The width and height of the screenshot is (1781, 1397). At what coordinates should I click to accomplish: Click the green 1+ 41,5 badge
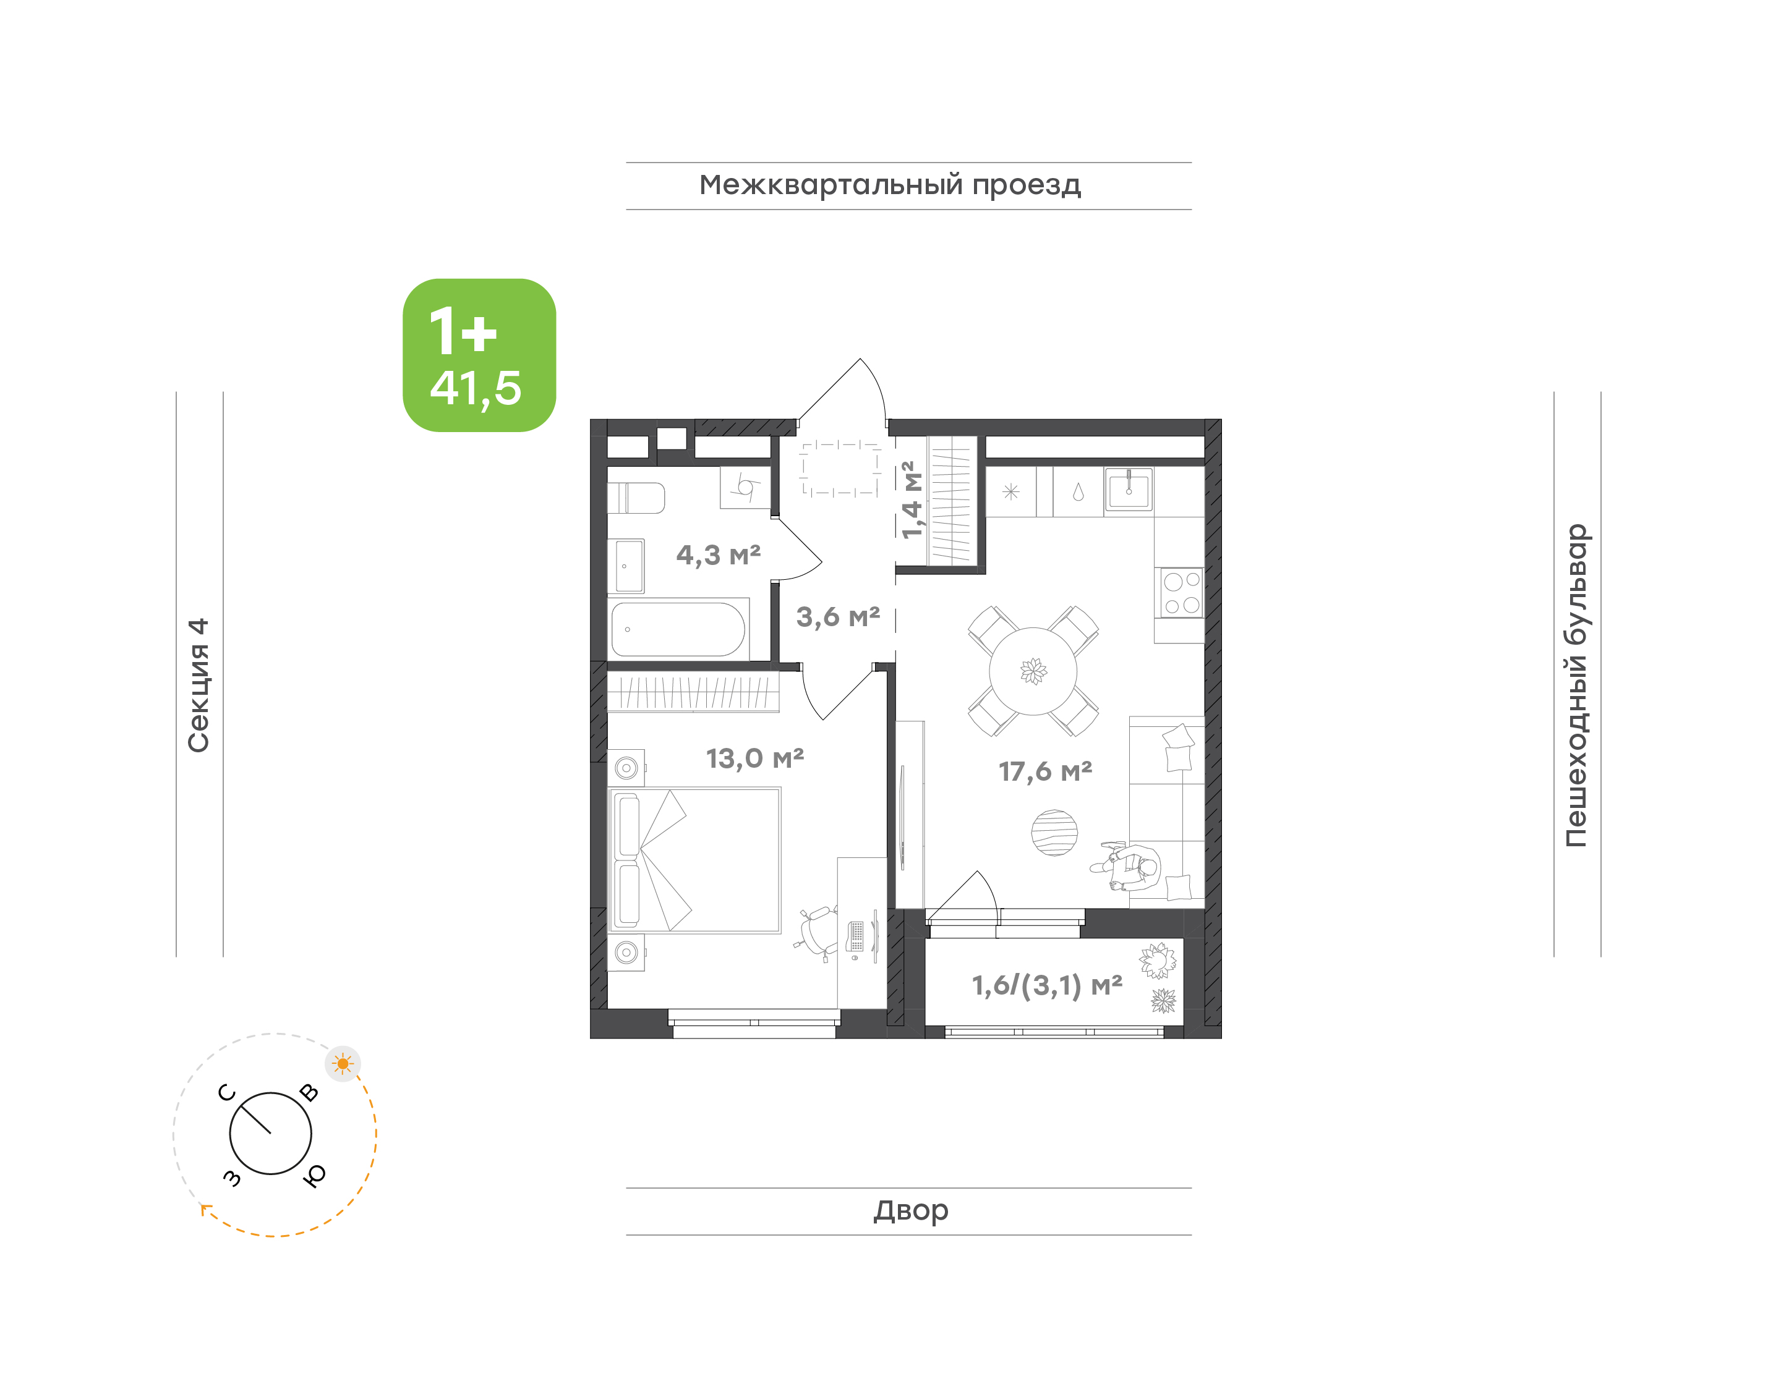point(479,355)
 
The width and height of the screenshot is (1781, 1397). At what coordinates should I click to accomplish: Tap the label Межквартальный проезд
point(889,185)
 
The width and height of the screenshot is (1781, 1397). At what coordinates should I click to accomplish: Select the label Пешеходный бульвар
point(1576,685)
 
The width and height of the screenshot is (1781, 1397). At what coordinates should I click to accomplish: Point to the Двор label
point(910,1210)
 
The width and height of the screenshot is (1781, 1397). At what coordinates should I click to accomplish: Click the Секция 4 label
point(199,685)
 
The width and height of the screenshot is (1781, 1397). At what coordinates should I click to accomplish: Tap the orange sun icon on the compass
point(343,1064)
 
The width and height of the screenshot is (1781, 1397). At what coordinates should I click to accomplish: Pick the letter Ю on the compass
point(314,1175)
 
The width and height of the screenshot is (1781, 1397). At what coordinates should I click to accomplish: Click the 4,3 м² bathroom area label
point(719,555)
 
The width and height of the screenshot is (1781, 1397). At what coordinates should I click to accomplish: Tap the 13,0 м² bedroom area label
point(754,759)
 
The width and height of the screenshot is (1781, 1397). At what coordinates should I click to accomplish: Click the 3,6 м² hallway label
point(838,617)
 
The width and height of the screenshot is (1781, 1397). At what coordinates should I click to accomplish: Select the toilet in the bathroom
point(636,497)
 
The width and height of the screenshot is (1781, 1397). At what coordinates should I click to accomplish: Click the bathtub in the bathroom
point(678,629)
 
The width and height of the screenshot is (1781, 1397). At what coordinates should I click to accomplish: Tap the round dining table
point(1033,671)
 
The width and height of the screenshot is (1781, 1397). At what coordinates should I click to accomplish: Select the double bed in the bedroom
point(694,860)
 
